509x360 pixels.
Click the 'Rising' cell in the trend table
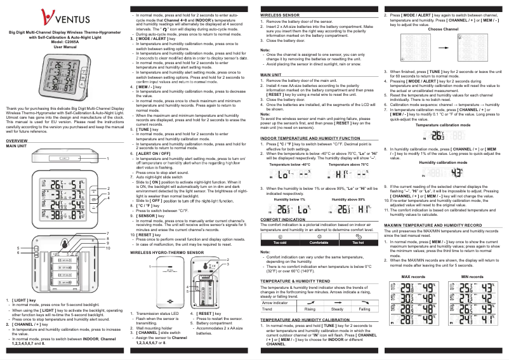tap(310, 309)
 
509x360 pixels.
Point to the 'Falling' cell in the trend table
tap(364, 309)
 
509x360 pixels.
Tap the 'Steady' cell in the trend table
tap(337, 309)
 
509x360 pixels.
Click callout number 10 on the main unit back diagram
tap(109, 248)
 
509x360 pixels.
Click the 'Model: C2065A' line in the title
tap(63, 42)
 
